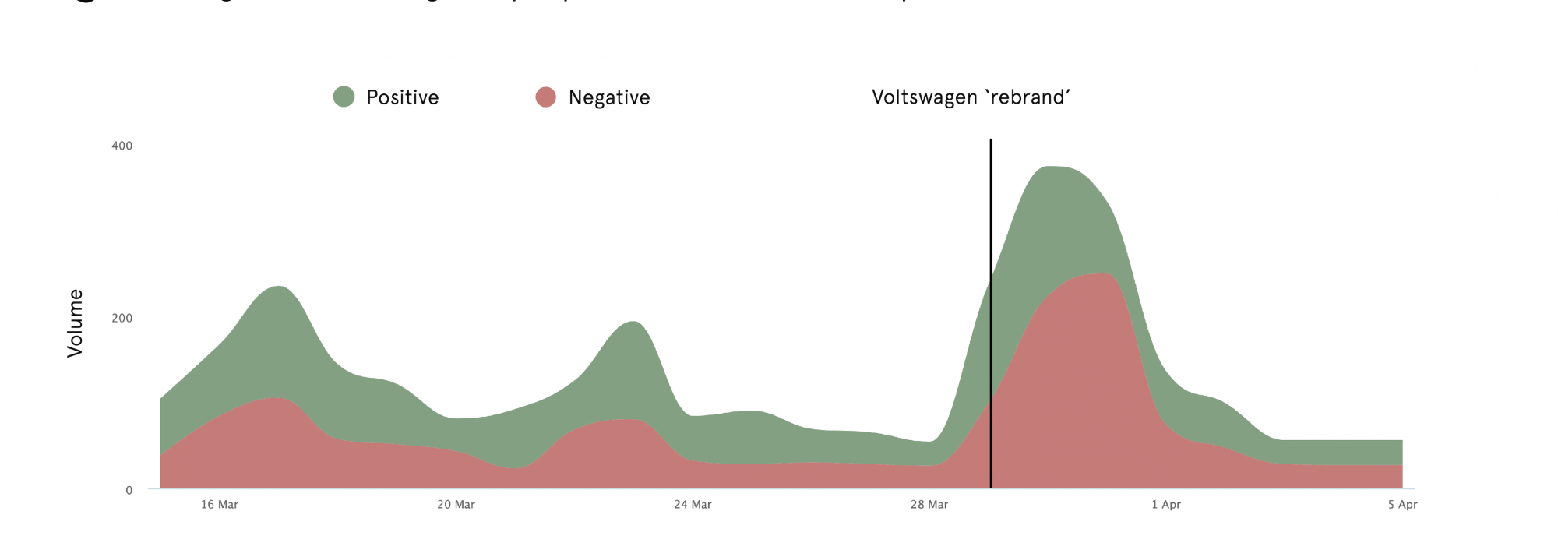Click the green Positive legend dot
point(344,97)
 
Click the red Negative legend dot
point(545,97)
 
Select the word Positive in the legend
point(402,97)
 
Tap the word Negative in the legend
point(608,97)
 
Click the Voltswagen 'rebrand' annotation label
point(971,97)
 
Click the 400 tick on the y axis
point(122,146)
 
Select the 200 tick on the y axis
point(122,318)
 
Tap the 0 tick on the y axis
point(129,490)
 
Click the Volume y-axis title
point(75,323)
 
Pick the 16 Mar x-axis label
point(220,505)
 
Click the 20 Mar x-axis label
point(456,505)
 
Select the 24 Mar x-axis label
point(693,505)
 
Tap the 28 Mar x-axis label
point(929,505)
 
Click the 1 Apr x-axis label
point(1166,505)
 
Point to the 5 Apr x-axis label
point(1402,505)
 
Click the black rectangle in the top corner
point(1374,31)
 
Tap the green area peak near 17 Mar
point(278,287)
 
